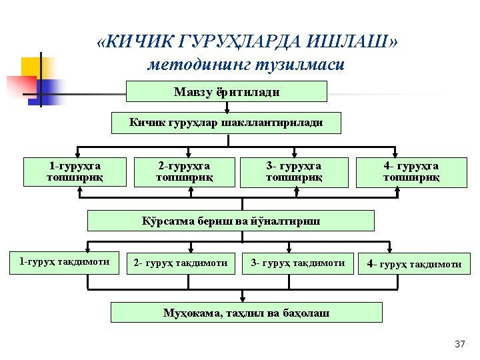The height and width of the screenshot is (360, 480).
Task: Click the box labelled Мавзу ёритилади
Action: pyautogui.click(x=227, y=91)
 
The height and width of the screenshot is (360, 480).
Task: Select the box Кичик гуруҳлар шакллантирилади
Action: pyautogui.click(x=226, y=123)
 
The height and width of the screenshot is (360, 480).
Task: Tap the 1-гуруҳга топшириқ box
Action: pyautogui.click(x=75, y=171)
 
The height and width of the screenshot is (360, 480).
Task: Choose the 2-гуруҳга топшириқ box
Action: pyautogui.click(x=184, y=171)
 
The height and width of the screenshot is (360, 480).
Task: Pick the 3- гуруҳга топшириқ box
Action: pyautogui.click(x=293, y=171)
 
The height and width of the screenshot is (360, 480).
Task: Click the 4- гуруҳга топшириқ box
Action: pyautogui.click(x=411, y=171)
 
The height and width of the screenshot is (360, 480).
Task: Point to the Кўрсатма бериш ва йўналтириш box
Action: pyautogui.click(x=231, y=221)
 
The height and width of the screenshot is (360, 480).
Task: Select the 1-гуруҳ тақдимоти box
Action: pyautogui.click(x=65, y=262)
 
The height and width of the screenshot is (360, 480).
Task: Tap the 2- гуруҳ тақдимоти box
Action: pyautogui.click(x=181, y=263)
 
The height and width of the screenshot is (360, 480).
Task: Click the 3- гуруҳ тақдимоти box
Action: pyautogui.click(x=297, y=263)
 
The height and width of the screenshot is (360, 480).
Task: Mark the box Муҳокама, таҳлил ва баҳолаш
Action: pyautogui.click(x=246, y=313)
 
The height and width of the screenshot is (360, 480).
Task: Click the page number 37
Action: pyautogui.click(x=459, y=345)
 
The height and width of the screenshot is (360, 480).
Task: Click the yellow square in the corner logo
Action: pyautogui.click(x=35, y=68)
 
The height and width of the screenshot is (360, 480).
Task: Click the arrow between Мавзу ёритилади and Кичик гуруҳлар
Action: pyautogui.click(x=227, y=107)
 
